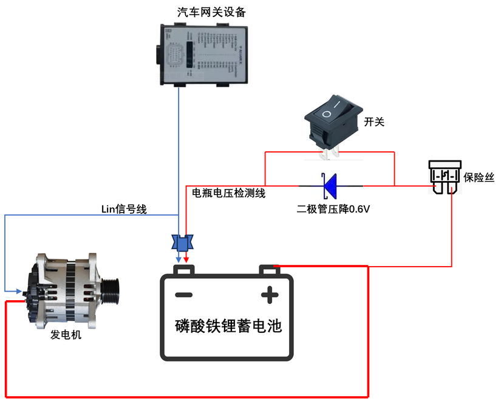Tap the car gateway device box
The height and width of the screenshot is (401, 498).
[x=203, y=55]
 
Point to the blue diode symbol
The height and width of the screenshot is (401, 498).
[x=330, y=186]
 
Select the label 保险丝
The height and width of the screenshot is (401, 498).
[x=479, y=177]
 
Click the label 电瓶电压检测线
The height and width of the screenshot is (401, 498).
[x=229, y=193]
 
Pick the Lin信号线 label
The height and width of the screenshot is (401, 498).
[x=124, y=209]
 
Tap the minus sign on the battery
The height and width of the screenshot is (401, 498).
[x=184, y=295]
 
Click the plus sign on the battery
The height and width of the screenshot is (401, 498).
[x=268, y=295]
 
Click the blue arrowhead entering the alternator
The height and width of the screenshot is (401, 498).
[x=20, y=290]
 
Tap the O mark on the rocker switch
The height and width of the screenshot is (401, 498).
[x=327, y=114]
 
